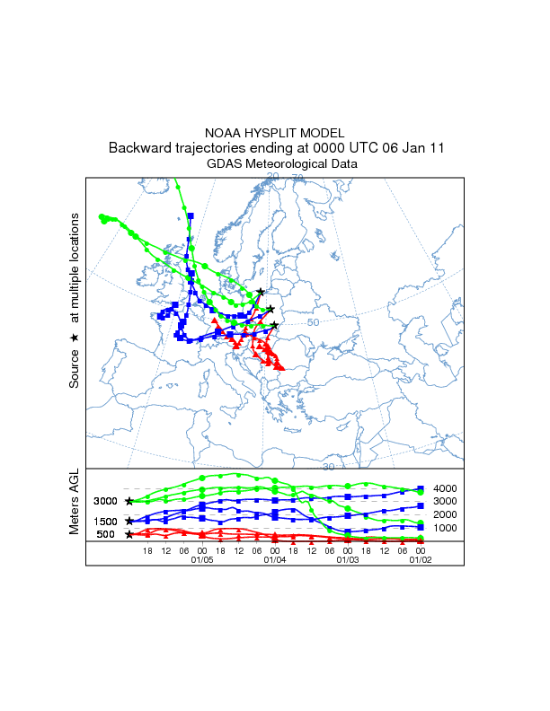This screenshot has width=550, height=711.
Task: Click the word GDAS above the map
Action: [x=225, y=164]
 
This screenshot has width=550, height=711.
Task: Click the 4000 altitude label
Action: [x=447, y=488]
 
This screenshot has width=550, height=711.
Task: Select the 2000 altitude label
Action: [x=447, y=514]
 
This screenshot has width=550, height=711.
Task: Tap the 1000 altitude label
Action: [x=447, y=528]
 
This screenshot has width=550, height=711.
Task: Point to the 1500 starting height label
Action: [x=106, y=521]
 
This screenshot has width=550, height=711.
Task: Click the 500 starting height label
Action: [x=106, y=534]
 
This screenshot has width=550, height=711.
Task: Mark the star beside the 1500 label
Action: [x=129, y=521]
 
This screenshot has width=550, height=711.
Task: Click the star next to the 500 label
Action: [x=129, y=534]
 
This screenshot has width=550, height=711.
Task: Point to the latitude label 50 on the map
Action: [x=314, y=322]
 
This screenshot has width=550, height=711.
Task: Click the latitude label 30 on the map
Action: [x=329, y=467]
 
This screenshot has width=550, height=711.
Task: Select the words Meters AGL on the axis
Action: [x=75, y=503]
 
